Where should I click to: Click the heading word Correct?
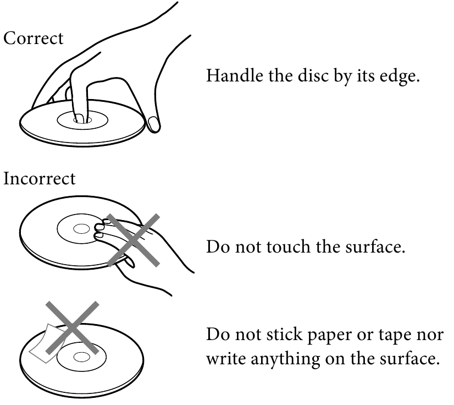coord(34,39)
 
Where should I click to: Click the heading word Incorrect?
coord(40,178)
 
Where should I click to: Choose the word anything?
coord(285,360)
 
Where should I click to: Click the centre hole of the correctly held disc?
coord(83,120)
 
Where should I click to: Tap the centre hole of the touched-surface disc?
coord(81,229)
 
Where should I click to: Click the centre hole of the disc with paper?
coord(82,357)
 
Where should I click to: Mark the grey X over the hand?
coord(133,240)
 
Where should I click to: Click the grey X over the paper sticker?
coord(73,327)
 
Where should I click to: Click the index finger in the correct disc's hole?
coord(79,93)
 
